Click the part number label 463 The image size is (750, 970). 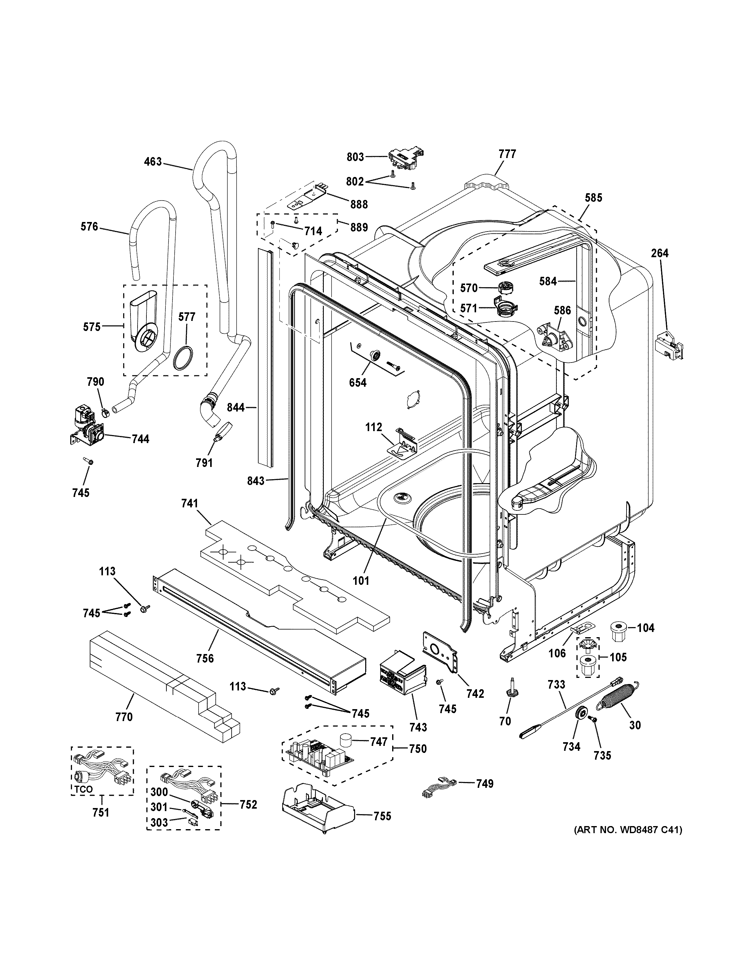(153, 162)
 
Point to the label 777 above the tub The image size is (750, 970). (507, 154)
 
